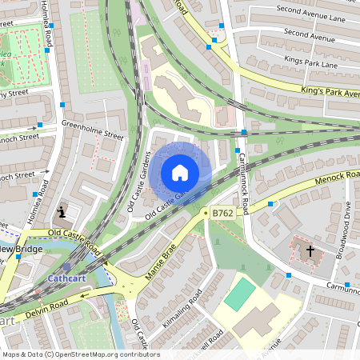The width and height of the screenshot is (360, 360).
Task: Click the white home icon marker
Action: click(180, 172)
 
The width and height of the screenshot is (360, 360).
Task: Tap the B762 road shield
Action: click(222, 214)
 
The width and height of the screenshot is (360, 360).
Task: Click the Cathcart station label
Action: click(61, 278)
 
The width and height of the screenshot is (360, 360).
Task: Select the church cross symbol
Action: click(310, 251)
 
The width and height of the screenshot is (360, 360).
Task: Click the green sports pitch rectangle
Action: click(238, 294)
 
